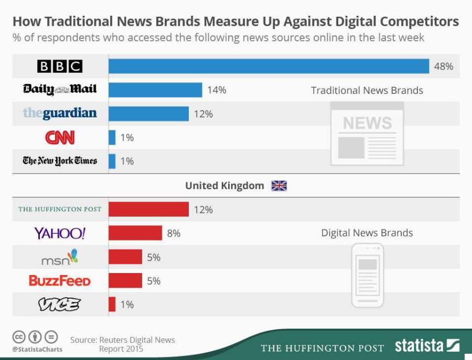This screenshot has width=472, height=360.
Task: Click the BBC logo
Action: (60, 67)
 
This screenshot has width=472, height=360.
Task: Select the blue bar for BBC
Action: (269, 67)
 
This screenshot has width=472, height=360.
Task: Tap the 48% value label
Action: (443, 67)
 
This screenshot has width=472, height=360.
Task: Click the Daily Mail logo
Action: (60, 90)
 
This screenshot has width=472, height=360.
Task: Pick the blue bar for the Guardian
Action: (148, 114)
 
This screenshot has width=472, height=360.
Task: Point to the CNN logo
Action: (60, 137)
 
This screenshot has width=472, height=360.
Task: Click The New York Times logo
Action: (60, 161)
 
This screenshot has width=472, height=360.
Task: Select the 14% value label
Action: (217, 90)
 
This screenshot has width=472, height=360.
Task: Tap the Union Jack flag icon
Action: (279, 186)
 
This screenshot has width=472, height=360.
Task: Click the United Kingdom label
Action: (224, 186)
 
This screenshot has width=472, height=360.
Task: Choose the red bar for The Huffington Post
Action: (148, 209)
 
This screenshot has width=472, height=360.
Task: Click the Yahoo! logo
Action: (59, 233)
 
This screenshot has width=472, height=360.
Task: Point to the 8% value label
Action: (174, 233)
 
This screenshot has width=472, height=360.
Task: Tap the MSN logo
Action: (59, 257)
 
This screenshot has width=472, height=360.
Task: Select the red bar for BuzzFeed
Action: (125, 281)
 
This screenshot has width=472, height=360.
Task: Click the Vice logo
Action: (59, 304)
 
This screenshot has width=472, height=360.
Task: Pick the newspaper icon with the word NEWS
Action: (367, 134)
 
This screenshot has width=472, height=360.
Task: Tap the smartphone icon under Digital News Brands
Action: (367, 276)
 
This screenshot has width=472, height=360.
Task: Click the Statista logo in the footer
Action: (427, 346)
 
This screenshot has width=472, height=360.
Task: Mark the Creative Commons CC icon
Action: (19, 337)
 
